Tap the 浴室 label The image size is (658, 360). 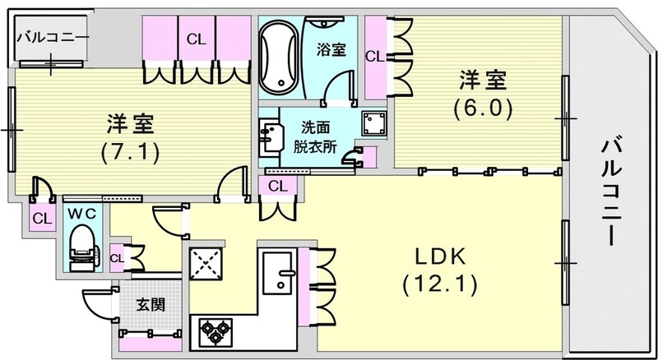pyautogui.click(x=331, y=49)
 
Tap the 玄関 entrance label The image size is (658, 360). pyautogui.click(x=150, y=304)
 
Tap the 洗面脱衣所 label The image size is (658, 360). pyautogui.click(x=313, y=139)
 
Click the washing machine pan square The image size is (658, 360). pyautogui.click(x=376, y=124)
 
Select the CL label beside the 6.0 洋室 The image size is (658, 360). pyautogui.click(x=374, y=57)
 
